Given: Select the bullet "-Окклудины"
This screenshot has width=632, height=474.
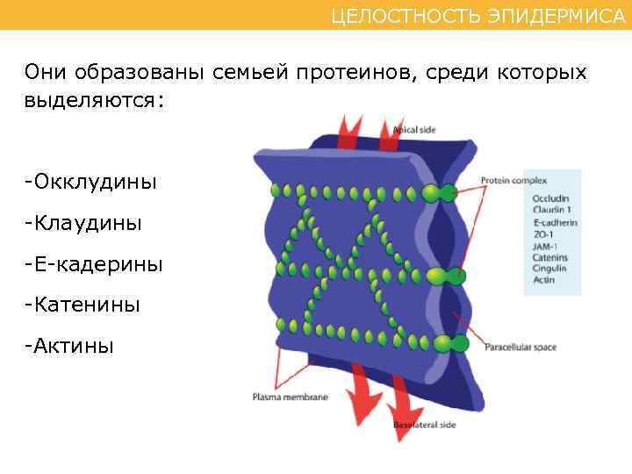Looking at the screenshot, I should pos(91,183).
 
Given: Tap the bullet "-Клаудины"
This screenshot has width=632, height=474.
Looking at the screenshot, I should pos(84,224).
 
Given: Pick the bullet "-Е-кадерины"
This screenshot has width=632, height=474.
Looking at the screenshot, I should pos(94,264).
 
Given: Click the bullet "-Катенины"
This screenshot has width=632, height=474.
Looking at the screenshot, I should pos(84,305).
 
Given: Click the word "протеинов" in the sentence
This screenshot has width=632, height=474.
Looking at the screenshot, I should pos(345,71).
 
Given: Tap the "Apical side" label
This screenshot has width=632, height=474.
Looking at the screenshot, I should pos(413,130).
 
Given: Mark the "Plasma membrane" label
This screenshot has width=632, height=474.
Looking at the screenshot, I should pos(290,397).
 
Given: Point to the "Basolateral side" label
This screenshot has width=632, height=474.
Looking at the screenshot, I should pos(424,425).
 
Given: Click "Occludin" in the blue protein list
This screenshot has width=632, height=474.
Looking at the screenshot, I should pos(550,198).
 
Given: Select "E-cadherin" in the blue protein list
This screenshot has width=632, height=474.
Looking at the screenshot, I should pos(555,223).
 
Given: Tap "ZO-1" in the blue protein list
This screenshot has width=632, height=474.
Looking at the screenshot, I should pos(542,234).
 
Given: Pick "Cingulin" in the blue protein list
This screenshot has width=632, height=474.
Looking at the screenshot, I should pos(549,269).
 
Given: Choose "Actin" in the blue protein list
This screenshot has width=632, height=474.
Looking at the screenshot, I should pos(543,280).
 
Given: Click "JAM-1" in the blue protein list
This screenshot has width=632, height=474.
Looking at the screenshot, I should pos(545,247).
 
